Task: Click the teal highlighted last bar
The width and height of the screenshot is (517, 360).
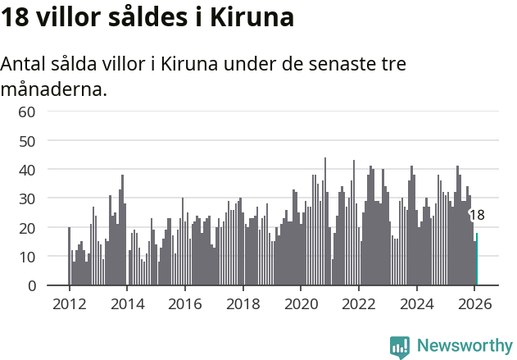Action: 476,259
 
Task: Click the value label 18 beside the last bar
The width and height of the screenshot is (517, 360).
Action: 477,215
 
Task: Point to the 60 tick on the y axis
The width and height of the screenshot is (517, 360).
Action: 27,111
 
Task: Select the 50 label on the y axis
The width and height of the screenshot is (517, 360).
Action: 27,140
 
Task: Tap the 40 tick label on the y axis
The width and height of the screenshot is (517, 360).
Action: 27,169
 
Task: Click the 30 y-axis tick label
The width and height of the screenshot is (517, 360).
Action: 27,198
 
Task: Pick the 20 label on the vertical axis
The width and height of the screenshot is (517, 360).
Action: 27,227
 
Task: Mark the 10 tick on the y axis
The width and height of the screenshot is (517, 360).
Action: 27,257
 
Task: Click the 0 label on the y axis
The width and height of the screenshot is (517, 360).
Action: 32,285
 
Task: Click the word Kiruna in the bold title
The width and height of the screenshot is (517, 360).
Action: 252,17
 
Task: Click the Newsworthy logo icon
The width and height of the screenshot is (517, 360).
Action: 400,346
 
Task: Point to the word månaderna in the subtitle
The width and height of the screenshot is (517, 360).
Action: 54,89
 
